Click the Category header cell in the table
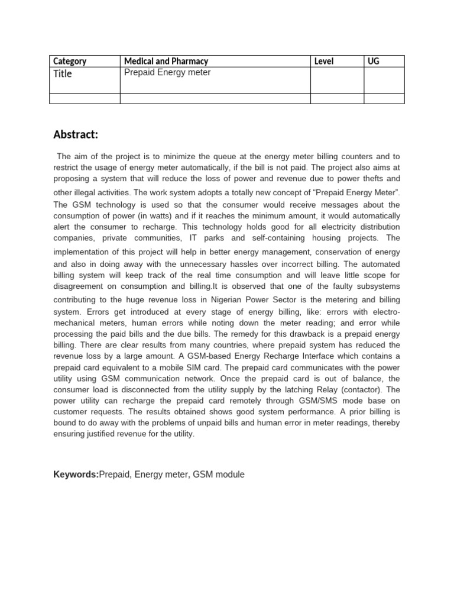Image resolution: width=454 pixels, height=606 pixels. tap(70, 61)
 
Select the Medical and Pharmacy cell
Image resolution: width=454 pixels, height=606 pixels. tap(166, 61)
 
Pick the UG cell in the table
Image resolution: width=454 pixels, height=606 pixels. tap(374, 61)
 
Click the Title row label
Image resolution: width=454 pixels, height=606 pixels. tap(63, 74)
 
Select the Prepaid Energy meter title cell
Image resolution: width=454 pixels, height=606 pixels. tap(167, 73)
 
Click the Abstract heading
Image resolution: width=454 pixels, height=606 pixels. tap(76, 135)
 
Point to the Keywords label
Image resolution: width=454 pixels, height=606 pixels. tap(76, 475)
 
